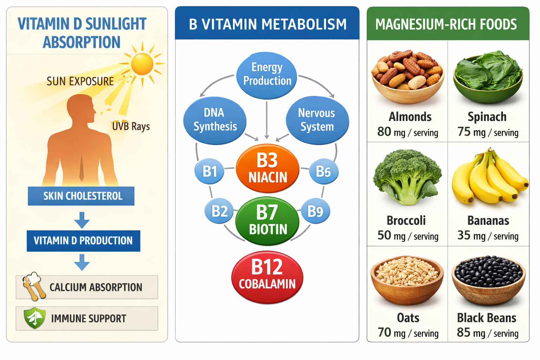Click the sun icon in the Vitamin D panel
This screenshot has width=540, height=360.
click(x=142, y=64)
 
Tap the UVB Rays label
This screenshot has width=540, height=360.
click(x=131, y=126)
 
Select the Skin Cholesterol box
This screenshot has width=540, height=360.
click(x=81, y=196)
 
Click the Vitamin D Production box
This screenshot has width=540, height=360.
click(x=83, y=241)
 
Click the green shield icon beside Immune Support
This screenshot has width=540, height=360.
click(x=34, y=318)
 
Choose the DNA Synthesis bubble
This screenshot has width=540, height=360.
click(x=215, y=120)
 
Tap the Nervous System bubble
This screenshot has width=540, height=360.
click(x=317, y=120)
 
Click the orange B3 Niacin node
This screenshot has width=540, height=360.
click(x=268, y=168)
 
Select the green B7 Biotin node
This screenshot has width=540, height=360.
click(x=268, y=221)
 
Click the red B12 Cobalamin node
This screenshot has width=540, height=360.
click(x=267, y=277)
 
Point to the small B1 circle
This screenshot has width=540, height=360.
click(x=210, y=172)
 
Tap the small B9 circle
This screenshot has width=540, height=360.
click(x=315, y=211)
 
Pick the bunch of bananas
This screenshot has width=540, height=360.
click(x=489, y=178)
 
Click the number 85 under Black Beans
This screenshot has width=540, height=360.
click(x=463, y=332)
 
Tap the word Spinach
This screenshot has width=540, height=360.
click(x=487, y=117)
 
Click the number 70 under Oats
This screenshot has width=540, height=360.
click(x=384, y=332)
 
